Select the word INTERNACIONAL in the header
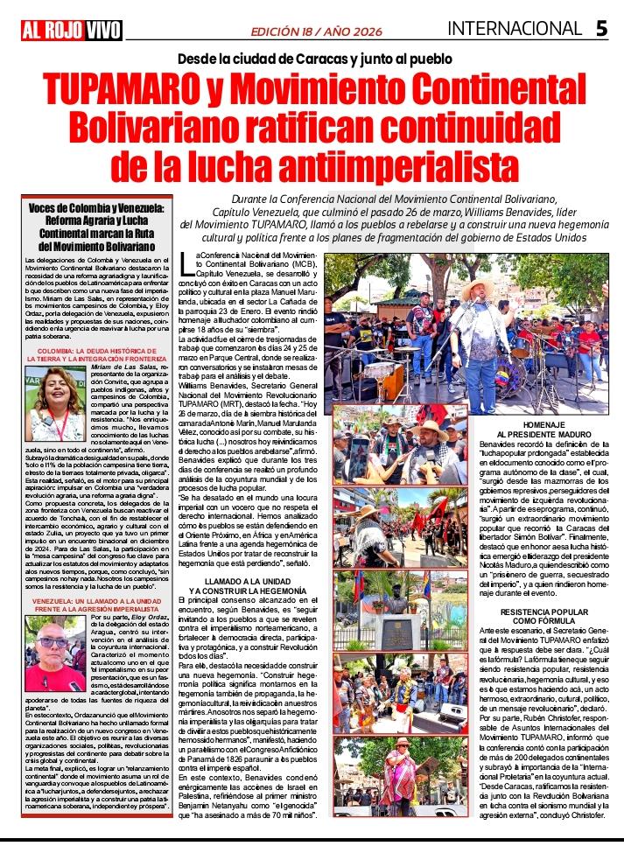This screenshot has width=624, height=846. pyautogui.click(x=515, y=29)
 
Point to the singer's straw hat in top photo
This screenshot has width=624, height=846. pyautogui.click(x=478, y=290)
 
